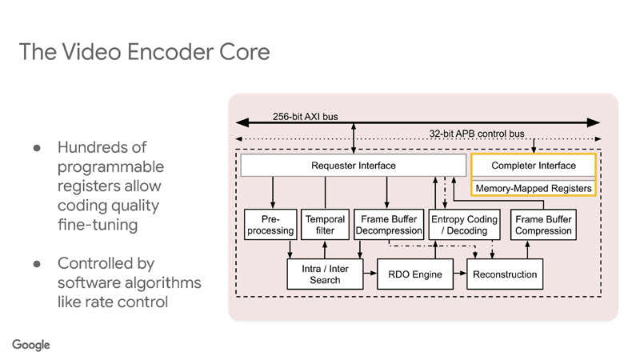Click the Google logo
coord(31,344)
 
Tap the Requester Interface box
coord(353,166)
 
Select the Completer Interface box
coord(534,166)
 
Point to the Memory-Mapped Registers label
coord(534,188)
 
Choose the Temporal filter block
coord(324,225)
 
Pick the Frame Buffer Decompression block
coord(387,225)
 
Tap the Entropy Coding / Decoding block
coord(464,225)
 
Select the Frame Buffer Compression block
coord(543,225)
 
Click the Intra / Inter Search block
coord(324,274)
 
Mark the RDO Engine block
coord(415,274)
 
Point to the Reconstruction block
coord(505,274)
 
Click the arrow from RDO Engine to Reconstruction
coord(458,274)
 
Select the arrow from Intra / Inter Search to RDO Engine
coord(369,274)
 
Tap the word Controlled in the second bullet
coord(94,263)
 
